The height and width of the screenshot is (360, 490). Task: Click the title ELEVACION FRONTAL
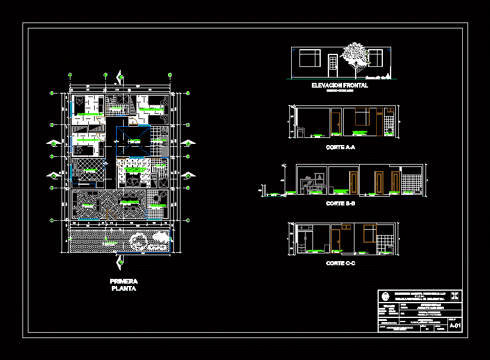(340, 85)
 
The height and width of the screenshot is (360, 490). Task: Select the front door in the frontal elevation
(333, 65)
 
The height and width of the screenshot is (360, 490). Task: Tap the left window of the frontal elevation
(309, 58)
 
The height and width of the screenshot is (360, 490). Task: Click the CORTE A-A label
(340, 147)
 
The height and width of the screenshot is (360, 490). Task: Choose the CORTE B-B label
(340, 203)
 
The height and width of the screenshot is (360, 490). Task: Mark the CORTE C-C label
(340, 263)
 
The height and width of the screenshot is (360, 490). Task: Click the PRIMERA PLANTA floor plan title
(124, 285)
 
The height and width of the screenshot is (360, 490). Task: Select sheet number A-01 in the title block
(455, 326)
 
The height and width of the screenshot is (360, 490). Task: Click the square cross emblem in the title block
(455, 295)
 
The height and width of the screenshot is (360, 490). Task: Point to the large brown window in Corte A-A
(360, 116)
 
